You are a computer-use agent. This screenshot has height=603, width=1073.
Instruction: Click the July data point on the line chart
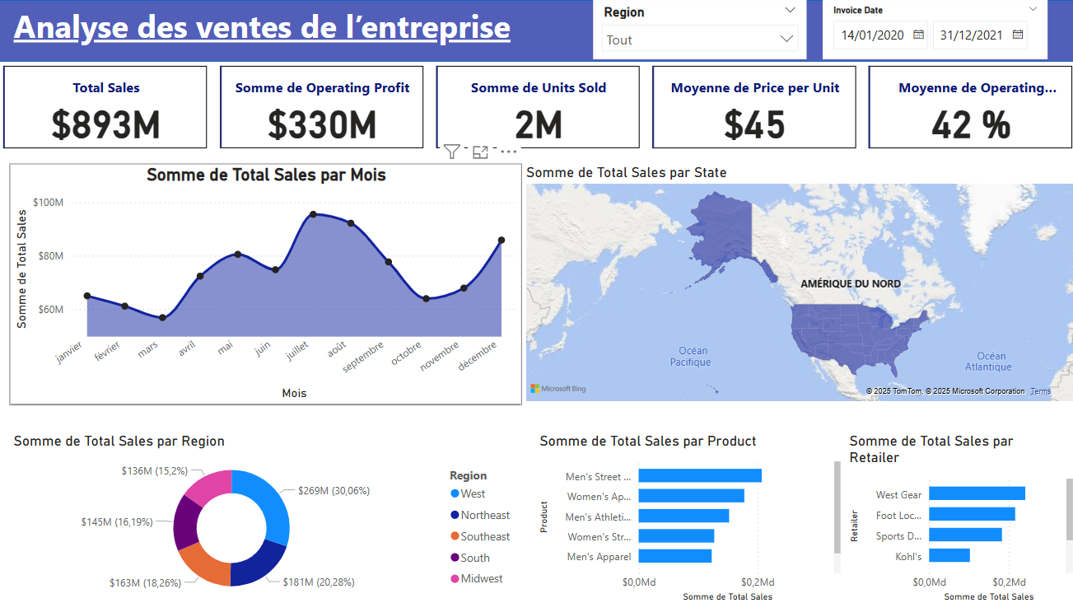(313, 214)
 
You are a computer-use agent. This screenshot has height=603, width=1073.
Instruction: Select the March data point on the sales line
(162, 318)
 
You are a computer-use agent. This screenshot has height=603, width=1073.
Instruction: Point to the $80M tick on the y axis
(48, 255)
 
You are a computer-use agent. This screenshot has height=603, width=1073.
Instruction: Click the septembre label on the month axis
(364, 358)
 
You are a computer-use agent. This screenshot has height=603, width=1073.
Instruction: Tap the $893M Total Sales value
(105, 124)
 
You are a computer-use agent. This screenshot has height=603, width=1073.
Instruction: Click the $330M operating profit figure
(322, 124)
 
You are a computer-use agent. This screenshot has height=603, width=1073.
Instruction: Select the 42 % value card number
(971, 124)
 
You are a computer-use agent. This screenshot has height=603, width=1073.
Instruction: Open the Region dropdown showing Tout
(699, 40)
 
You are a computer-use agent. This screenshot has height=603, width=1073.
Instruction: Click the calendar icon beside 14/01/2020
(918, 35)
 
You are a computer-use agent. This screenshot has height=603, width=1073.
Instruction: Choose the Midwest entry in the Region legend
(482, 578)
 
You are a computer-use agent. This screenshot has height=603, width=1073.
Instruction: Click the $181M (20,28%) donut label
(318, 582)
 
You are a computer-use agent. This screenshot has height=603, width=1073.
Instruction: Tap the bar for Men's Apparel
(674, 556)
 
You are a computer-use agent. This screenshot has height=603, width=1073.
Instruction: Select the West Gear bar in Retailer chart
(977, 493)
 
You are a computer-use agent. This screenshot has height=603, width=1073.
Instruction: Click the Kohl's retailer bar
(949, 555)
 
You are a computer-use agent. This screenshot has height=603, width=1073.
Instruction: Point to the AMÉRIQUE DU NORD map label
(850, 283)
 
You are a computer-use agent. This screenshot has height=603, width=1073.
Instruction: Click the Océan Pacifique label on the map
(690, 357)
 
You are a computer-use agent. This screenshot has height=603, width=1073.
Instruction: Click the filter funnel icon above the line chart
(451, 151)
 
